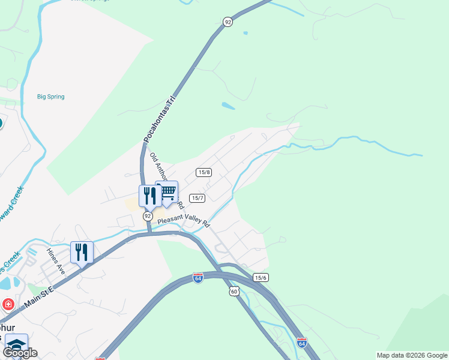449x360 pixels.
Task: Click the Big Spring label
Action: [50, 97]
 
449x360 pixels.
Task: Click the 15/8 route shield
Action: [203, 172]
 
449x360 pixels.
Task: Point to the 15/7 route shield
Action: [197, 198]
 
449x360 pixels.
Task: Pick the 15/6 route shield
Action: [261, 277]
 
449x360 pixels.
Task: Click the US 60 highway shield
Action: [234, 291]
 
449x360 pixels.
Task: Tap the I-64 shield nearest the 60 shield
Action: [198, 278]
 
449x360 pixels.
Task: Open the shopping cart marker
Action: [167, 193]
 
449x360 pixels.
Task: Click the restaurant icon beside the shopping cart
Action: [149, 196]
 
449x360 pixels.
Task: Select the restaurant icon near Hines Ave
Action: [81, 252]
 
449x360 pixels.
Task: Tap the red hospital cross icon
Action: [8, 304]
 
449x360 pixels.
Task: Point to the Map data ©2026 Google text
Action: [411, 355]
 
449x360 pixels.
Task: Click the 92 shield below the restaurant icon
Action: [147, 215]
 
